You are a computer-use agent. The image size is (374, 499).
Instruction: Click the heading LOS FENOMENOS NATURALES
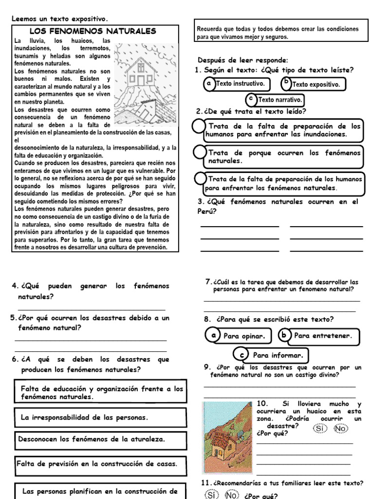(96, 31)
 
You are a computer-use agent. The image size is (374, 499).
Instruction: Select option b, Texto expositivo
(314, 84)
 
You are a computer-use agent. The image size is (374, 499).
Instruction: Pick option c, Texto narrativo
(275, 100)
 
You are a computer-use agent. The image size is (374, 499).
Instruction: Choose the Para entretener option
(318, 336)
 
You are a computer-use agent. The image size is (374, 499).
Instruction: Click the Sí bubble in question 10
(319, 428)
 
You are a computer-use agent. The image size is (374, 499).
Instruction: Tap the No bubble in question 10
(340, 428)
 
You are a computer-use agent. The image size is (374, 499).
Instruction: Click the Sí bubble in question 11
(210, 495)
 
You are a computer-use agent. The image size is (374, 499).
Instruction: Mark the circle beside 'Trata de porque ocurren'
(199, 153)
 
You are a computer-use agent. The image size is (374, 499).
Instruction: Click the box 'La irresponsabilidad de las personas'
(100, 418)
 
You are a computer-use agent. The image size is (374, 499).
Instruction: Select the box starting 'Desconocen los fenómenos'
(100, 439)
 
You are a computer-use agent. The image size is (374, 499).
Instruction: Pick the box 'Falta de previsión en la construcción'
(100, 463)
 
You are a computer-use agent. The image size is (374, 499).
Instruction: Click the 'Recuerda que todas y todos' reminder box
(277, 33)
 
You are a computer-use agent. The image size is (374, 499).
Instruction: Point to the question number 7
(208, 282)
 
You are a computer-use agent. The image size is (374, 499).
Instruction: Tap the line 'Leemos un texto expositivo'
(59, 19)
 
